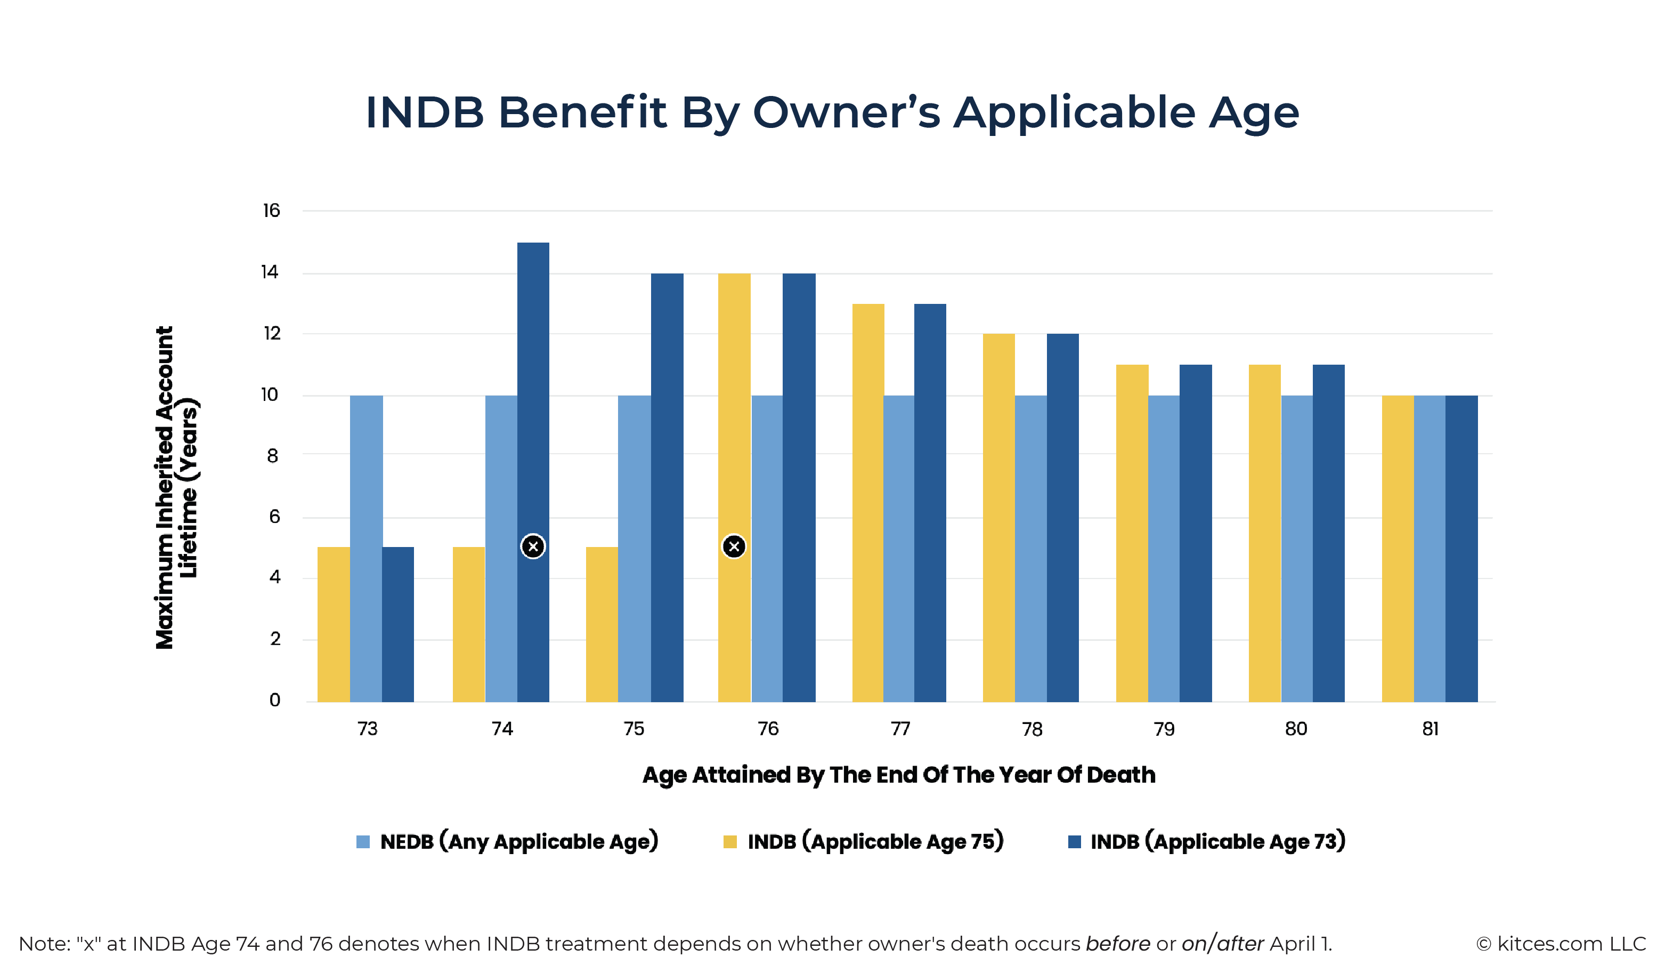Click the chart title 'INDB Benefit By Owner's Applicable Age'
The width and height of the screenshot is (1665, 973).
[832, 112]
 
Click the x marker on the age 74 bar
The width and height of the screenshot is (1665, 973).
[533, 546]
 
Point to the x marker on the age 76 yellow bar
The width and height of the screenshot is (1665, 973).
[734, 546]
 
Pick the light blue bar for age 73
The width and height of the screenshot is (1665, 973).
[366, 549]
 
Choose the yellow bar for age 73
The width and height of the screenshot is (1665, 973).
[334, 625]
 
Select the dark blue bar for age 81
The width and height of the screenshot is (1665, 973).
[1461, 549]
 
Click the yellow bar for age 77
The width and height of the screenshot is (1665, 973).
[867, 502]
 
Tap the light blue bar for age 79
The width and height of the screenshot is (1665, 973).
[1164, 549]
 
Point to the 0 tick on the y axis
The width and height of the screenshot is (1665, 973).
[275, 700]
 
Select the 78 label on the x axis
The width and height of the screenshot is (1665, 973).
[1032, 729]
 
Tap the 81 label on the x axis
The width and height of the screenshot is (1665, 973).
[1431, 729]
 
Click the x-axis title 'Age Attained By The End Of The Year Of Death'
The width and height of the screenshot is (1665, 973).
[899, 775]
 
